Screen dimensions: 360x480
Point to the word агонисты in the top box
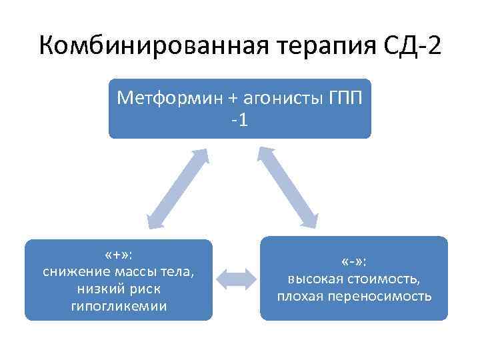tap(267, 99)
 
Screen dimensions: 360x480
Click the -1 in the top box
tap(239, 121)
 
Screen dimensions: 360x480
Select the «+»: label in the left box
tap(119, 256)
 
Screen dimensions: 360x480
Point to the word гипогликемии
tap(119, 306)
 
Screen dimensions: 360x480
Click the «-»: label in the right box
tap(355, 261)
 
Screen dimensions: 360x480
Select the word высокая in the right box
tap(314, 279)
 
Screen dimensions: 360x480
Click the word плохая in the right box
tap(301, 295)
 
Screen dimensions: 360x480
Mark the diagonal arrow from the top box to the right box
tap(289, 189)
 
